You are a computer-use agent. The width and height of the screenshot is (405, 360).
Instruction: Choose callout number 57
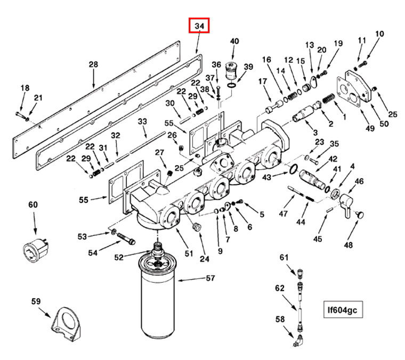tap(210, 279)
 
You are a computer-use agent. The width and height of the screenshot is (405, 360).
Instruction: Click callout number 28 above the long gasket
tap(93, 64)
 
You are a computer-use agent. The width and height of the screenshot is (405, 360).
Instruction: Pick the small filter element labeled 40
tap(232, 70)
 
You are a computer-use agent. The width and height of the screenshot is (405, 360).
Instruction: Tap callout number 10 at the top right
tap(379, 35)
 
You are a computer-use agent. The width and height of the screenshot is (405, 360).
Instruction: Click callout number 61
tap(284, 258)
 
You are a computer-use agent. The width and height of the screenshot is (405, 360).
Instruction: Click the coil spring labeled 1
tap(329, 99)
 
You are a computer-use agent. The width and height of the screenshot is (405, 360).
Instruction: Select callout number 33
tap(142, 122)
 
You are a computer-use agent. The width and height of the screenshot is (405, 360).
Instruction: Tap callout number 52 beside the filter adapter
tap(120, 258)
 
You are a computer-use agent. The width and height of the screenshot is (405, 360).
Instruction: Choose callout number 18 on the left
tap(25, 88)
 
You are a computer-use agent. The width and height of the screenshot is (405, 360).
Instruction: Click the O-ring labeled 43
tap(292, 169)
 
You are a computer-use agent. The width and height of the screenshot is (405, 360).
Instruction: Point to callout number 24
tap(205, 259)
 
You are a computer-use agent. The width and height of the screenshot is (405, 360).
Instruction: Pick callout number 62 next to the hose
tap(280, 288)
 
